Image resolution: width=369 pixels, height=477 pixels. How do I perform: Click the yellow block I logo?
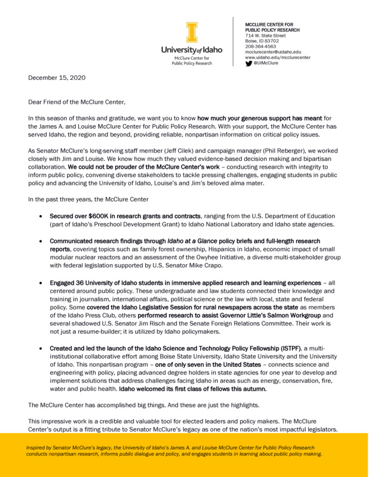(190, 33)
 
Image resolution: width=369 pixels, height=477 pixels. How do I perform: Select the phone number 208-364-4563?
(260, 46)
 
